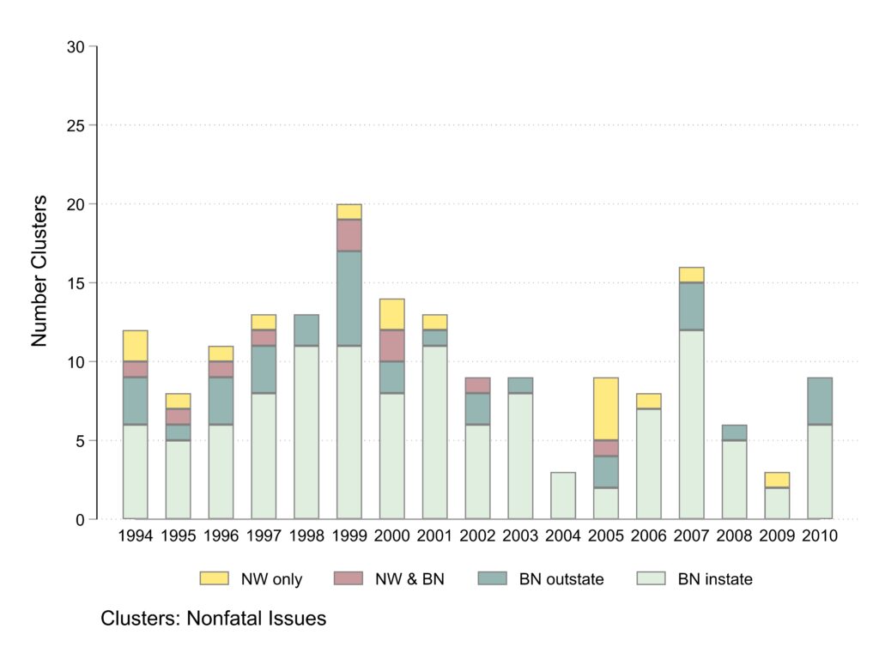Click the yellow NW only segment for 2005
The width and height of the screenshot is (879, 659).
click(x=606, y=409)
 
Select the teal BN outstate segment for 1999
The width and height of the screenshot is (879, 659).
click(x=349, y=299)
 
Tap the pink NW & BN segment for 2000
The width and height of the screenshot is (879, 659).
click(x=392, y=346)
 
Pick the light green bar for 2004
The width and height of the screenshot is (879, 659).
click(x=563, y=496)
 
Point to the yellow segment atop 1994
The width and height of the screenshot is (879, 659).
click(x=136, y=346)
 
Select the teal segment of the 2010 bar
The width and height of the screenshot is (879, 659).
click(x=820, y=401)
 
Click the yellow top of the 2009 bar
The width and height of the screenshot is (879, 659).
click(x=778, y=480)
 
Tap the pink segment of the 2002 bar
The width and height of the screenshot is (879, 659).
click(x=478, y=385)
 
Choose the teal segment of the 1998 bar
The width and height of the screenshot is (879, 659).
click(x=306, y=330)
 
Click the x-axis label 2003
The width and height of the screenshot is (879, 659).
click(x=520, y=536)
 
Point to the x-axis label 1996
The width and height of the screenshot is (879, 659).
click(x=221, y=536)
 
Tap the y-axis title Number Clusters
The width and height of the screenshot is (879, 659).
click(x=39, y=271)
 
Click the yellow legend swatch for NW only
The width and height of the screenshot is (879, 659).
click(x=215, y=578)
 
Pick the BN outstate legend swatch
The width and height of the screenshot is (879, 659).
click(x=492, y=578)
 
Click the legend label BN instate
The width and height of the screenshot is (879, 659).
click(x=715, y=579)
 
